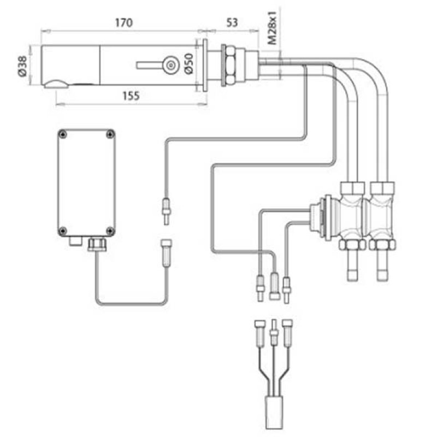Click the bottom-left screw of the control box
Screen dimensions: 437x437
point(64,229)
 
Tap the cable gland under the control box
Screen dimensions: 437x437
point(97,244)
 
